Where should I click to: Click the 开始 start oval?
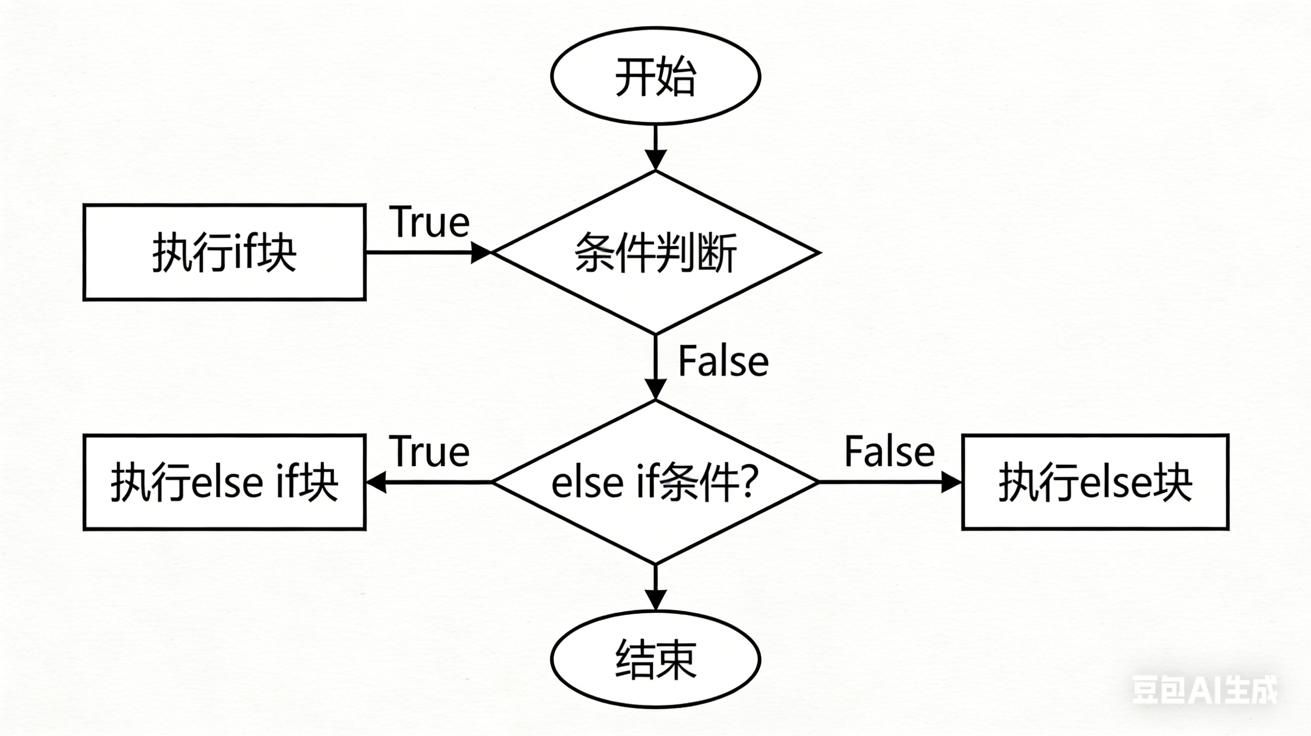[655, 76]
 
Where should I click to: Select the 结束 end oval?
[655, 659]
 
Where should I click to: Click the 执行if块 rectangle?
[225, 252]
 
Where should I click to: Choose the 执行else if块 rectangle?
[225, 482]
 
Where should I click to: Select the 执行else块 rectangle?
[1095, 482]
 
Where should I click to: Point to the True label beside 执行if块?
[429, 223]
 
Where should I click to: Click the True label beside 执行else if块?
[429, 451]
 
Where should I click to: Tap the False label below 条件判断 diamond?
[723, 361]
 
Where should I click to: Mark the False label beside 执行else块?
[889, 451]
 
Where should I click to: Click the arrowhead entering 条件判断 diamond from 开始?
[655, 159]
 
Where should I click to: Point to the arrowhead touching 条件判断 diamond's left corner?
[479, 252]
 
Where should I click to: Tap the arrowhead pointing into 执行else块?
[951, 482]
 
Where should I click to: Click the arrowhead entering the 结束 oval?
[655, 599]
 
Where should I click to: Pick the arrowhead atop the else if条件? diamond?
[655, 389]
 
